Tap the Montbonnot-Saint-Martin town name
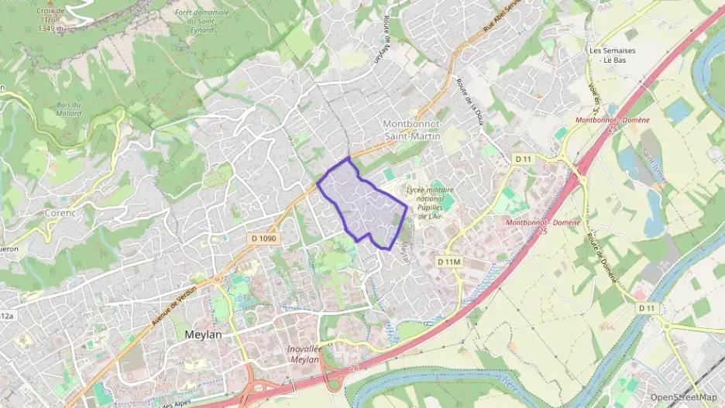(412, 130)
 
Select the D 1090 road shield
(264, 238)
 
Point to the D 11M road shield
(449, 262)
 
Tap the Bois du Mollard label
(69, 108)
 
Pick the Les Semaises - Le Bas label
(612, 55)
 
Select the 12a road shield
(6, 316)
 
